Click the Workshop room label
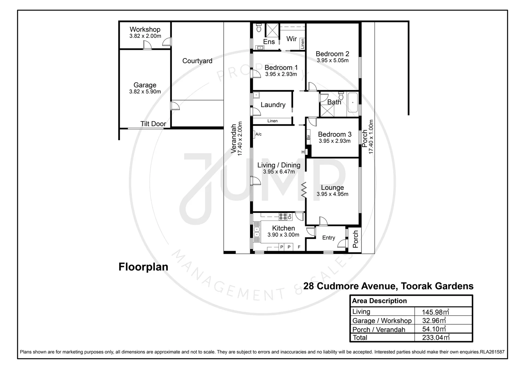point(145,30)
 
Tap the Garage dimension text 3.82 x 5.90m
point(145,92)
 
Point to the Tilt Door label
point(153,124)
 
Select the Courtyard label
point(197,61)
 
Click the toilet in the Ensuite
point(259,27)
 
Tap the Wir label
point(291,39)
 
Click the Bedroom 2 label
point(332,54)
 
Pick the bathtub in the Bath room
point(353,102)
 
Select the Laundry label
point(273,105)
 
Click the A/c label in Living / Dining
point(258,134)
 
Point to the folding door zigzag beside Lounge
point(304,190)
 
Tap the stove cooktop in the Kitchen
point(283,216)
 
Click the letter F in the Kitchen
point(299,247)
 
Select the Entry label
point(328,238)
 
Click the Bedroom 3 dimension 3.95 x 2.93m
point(334,141)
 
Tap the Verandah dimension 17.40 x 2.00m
point(240,138)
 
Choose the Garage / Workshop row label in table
point(382,321)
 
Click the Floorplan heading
point(143,267)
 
